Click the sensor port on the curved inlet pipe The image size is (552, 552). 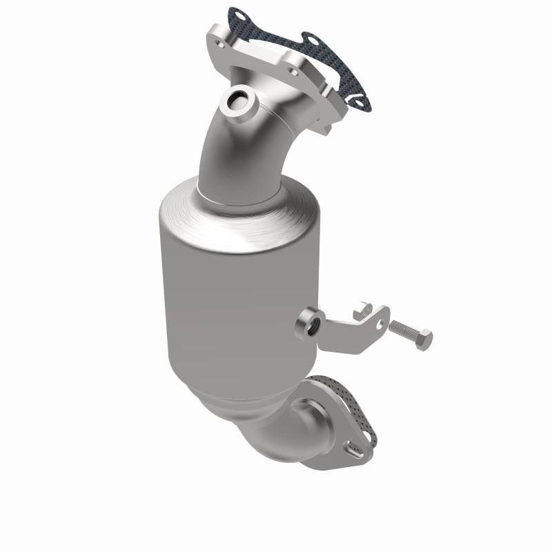239,103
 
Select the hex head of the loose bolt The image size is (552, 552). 424,339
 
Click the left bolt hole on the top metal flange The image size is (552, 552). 219,45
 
